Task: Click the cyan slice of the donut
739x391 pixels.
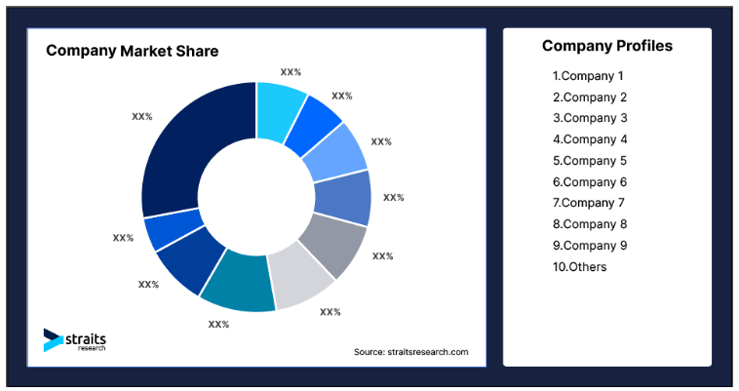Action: tap(278, 107)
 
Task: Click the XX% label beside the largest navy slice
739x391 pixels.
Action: tap(141, 116)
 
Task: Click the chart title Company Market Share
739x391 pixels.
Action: tap(133, 51)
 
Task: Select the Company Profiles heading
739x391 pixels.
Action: tap(607, 46)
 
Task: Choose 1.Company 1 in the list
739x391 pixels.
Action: tap(588, 76)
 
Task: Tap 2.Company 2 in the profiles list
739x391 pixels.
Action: tap(590, 98)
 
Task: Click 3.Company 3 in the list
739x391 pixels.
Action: tap(590, 118)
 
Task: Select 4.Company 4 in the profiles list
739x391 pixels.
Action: tap(590, 139)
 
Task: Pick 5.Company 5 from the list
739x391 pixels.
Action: tap(590, 161)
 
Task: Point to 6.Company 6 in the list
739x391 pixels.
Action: tap(590, 182)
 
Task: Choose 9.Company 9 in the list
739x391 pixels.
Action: tap(590, 246)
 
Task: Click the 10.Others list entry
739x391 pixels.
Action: tap(579, 267)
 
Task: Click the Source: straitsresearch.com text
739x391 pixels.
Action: tap(410, 352)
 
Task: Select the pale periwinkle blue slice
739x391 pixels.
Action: tap(337, 153)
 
